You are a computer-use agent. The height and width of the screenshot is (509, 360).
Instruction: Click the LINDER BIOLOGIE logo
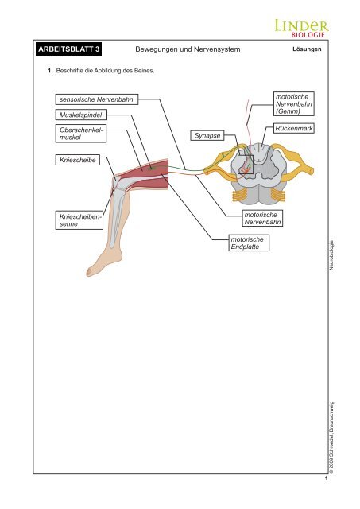[302, 29]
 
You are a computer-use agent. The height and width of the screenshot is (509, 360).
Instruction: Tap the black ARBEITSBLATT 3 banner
[69, 49]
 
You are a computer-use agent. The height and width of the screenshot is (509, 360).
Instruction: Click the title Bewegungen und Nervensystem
[188, 49]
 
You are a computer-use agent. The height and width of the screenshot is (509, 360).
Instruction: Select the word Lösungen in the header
[307, 49]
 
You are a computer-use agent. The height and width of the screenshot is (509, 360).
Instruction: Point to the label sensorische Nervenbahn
[97, 99]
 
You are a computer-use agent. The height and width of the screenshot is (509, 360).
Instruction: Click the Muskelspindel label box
[81, 115]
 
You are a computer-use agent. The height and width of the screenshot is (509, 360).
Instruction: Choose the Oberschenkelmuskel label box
[81, 134]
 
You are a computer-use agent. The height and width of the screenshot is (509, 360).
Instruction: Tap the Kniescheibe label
[78, 160]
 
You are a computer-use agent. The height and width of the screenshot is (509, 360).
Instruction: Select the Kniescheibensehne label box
[79, 220]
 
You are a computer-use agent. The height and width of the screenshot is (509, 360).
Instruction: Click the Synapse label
[207, 136]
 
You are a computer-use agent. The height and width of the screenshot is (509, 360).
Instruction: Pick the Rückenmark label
[294, 128]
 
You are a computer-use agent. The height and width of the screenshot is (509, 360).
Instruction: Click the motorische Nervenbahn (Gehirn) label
[294, 104]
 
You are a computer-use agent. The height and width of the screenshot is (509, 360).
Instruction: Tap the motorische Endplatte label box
[249, 243]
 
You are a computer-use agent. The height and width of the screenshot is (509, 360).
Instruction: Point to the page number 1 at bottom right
[327, 479]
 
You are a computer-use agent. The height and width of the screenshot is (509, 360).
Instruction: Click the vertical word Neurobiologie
[331, 255]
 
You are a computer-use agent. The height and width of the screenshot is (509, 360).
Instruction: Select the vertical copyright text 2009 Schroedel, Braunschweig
[331, 437]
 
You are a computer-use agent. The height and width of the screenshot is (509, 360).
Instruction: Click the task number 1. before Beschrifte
[50, 71]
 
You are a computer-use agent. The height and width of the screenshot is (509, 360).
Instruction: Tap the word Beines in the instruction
[145, 71]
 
